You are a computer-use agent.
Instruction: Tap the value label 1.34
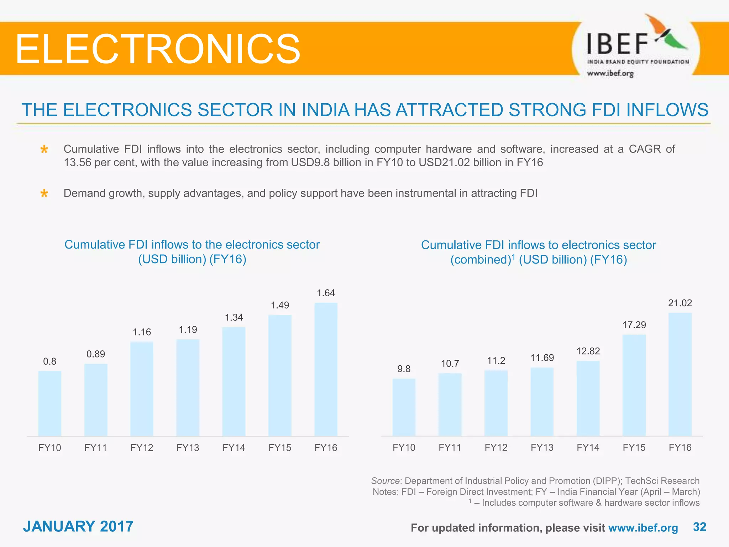(x=234, y=317)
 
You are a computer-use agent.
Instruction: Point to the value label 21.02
(x=680, y=303)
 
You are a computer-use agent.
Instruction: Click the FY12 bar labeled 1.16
(x=142, y=389)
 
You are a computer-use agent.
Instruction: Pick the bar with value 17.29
(x=634, y=385)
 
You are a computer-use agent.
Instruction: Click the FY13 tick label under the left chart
(x=188, y=448)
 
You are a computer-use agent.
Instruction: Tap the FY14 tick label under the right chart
(x=588, y=447)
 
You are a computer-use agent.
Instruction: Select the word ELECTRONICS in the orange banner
(x=158, y=49)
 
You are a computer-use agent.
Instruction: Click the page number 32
(x=699, y=527)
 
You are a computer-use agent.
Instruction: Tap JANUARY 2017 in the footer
(x=78, y=526)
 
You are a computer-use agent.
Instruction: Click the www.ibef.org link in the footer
(x=643, y=528)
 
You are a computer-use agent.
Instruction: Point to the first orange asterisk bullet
(x=44, y=149)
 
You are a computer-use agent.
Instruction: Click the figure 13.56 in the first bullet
(x=77, y=163)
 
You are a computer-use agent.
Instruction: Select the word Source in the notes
(x=385, y=481)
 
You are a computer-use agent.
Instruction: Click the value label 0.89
(x=96, y=354)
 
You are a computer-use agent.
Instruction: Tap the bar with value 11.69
(x=542, y=402)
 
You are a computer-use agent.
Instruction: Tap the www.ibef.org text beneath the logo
(x=610, y=73)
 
